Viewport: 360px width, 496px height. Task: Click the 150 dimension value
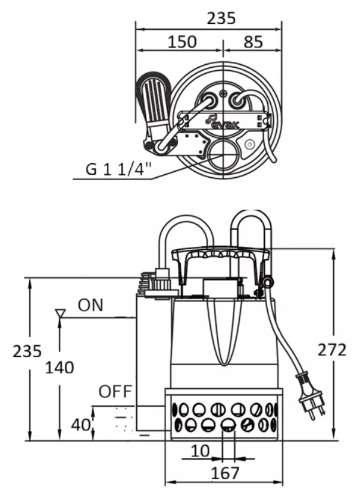(x=181, y=42)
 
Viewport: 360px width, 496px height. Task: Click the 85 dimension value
(x=253, y=42)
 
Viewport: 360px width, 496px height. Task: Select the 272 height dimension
(x=332, y=350)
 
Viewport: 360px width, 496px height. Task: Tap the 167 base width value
(x=225, y=473)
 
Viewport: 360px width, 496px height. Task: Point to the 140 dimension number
(x=60, y=368)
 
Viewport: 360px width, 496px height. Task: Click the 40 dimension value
(x=81, y=425)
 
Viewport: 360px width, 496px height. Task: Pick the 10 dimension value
(x=201, y=451)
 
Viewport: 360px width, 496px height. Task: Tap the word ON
(x=90, y=305)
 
